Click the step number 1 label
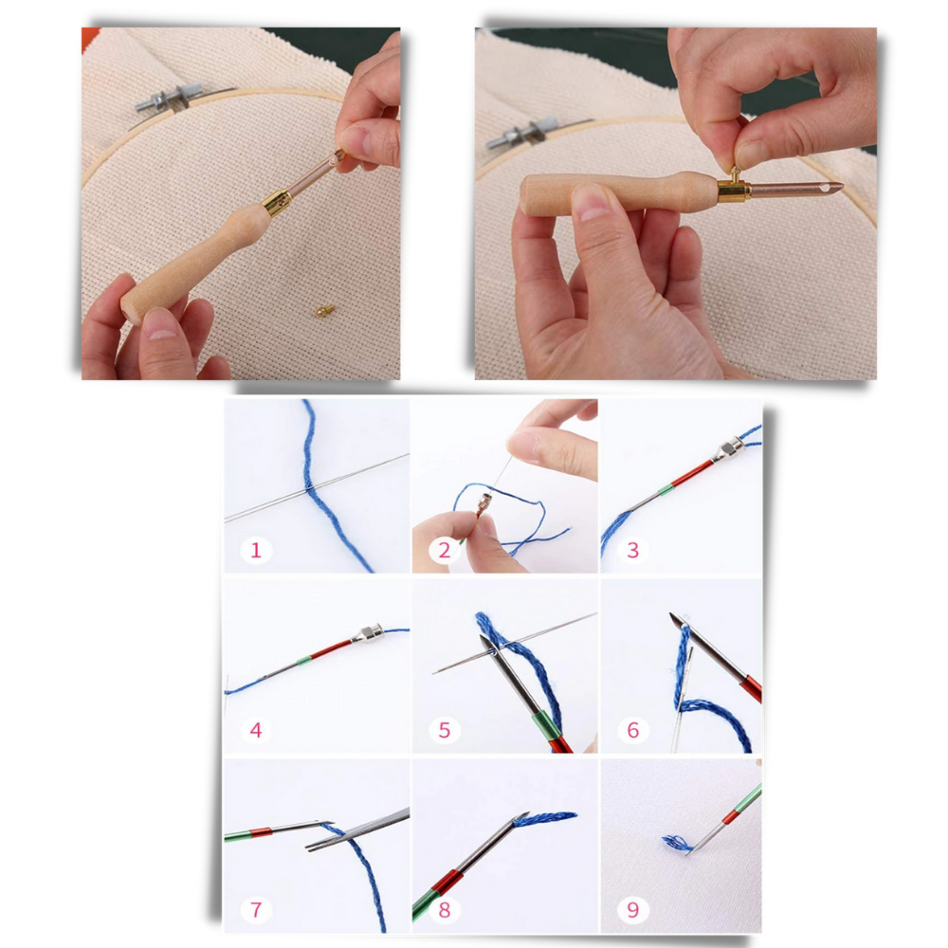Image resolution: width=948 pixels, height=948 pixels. click(x=255, y=549)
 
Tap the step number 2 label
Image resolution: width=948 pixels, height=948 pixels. click(x=445, y=550)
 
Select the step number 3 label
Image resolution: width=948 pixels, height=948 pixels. click(x=633, y=550)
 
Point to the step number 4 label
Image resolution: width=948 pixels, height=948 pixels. click(x=255, y=730)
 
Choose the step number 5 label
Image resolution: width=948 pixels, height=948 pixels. click(x=445, y=730)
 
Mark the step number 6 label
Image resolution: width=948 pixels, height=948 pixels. click(x=633, y=730)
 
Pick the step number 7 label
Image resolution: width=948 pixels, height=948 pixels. click(x=255, y=910)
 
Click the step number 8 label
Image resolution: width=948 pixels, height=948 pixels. click(x=445, y=910)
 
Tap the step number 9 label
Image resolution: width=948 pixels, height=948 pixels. click(x=633, y=910)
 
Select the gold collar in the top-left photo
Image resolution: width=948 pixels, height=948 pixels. click(x=277, y=200)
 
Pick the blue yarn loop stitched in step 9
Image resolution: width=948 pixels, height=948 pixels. click(x=677, y=842)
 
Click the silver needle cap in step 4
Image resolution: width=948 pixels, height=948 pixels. click(x=366, y=633)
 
